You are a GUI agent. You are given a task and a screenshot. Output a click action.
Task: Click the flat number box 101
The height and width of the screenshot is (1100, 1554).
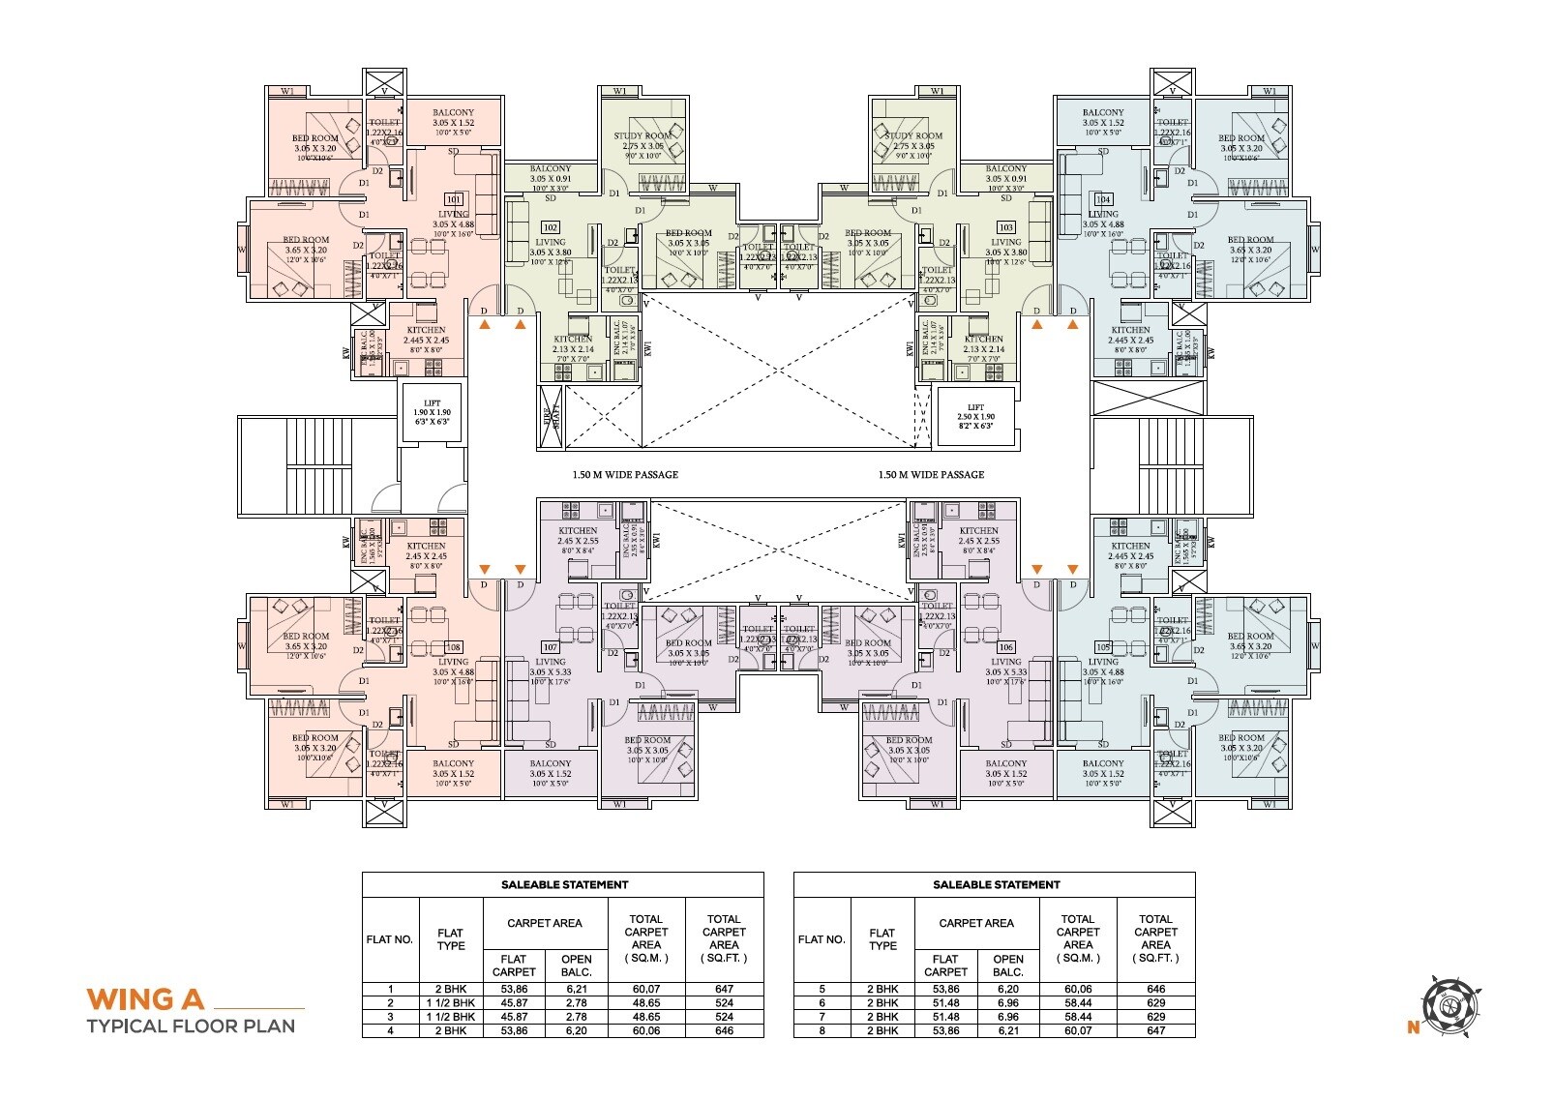pyautogui.click(x=453, y=199)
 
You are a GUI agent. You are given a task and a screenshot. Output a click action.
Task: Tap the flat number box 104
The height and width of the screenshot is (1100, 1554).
pyautogui.click(x=1102, y=199)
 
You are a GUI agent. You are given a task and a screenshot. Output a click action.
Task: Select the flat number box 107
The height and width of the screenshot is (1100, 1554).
pyautogui.click(x=550, y=647)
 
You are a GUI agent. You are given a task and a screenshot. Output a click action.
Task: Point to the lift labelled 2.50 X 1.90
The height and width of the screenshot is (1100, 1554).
pyautogui.click(x=975, y=417)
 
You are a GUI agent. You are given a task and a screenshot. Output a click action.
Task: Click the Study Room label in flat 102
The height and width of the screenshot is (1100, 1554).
pyautogui.click(x=642, y=136)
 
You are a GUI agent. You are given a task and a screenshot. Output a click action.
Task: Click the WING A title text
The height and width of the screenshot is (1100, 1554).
pyautogui.click(x=146, y=998)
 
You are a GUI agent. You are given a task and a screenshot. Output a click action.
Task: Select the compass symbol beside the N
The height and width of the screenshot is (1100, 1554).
pyautogui.click(x=1448, y=1006)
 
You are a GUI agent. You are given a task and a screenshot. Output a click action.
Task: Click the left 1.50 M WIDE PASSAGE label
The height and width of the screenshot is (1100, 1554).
pyautogui.click(x=625, y=475)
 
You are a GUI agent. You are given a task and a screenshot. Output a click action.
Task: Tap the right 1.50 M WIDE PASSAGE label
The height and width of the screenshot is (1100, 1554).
pyautogui.click(x=931, y=475)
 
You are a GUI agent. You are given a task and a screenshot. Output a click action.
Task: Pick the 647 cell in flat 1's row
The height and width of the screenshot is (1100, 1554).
pyautogui.click(x=724, y=990)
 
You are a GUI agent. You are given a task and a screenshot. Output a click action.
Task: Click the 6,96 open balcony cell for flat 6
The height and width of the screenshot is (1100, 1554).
pyautogui.click(x=1007, y=1003)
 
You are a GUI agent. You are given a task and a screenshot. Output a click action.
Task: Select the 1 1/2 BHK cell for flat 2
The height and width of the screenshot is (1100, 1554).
pyautogui.click(x=450, y=1003)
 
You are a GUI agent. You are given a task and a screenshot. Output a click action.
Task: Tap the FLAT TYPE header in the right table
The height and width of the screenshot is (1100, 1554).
pyautogui.click(x=882, y=939)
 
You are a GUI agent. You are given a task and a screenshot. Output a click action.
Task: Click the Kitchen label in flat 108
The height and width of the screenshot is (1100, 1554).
pyautogui.click(x=426, y=547)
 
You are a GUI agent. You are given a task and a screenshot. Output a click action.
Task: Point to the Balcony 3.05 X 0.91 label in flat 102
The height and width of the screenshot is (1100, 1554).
pyautogui.click(x=550, y=174)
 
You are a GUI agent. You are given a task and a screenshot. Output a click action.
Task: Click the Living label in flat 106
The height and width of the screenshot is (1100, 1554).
pyautogui.click(x=1005, y=663)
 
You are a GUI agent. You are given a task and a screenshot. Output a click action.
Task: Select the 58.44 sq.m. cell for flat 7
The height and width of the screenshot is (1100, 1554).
pyautogui.click(x=1077, y=1017)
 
